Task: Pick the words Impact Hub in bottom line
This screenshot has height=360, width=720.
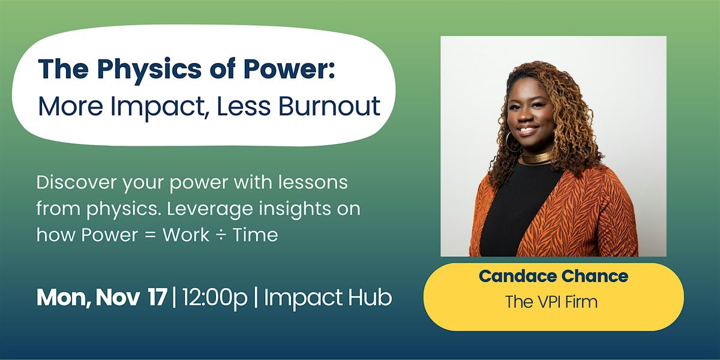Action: [328, 298]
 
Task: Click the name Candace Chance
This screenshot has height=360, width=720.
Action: [553, 277]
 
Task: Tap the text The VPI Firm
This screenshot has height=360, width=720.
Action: [551, 301]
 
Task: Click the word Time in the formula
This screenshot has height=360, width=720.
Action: [256, 235]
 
